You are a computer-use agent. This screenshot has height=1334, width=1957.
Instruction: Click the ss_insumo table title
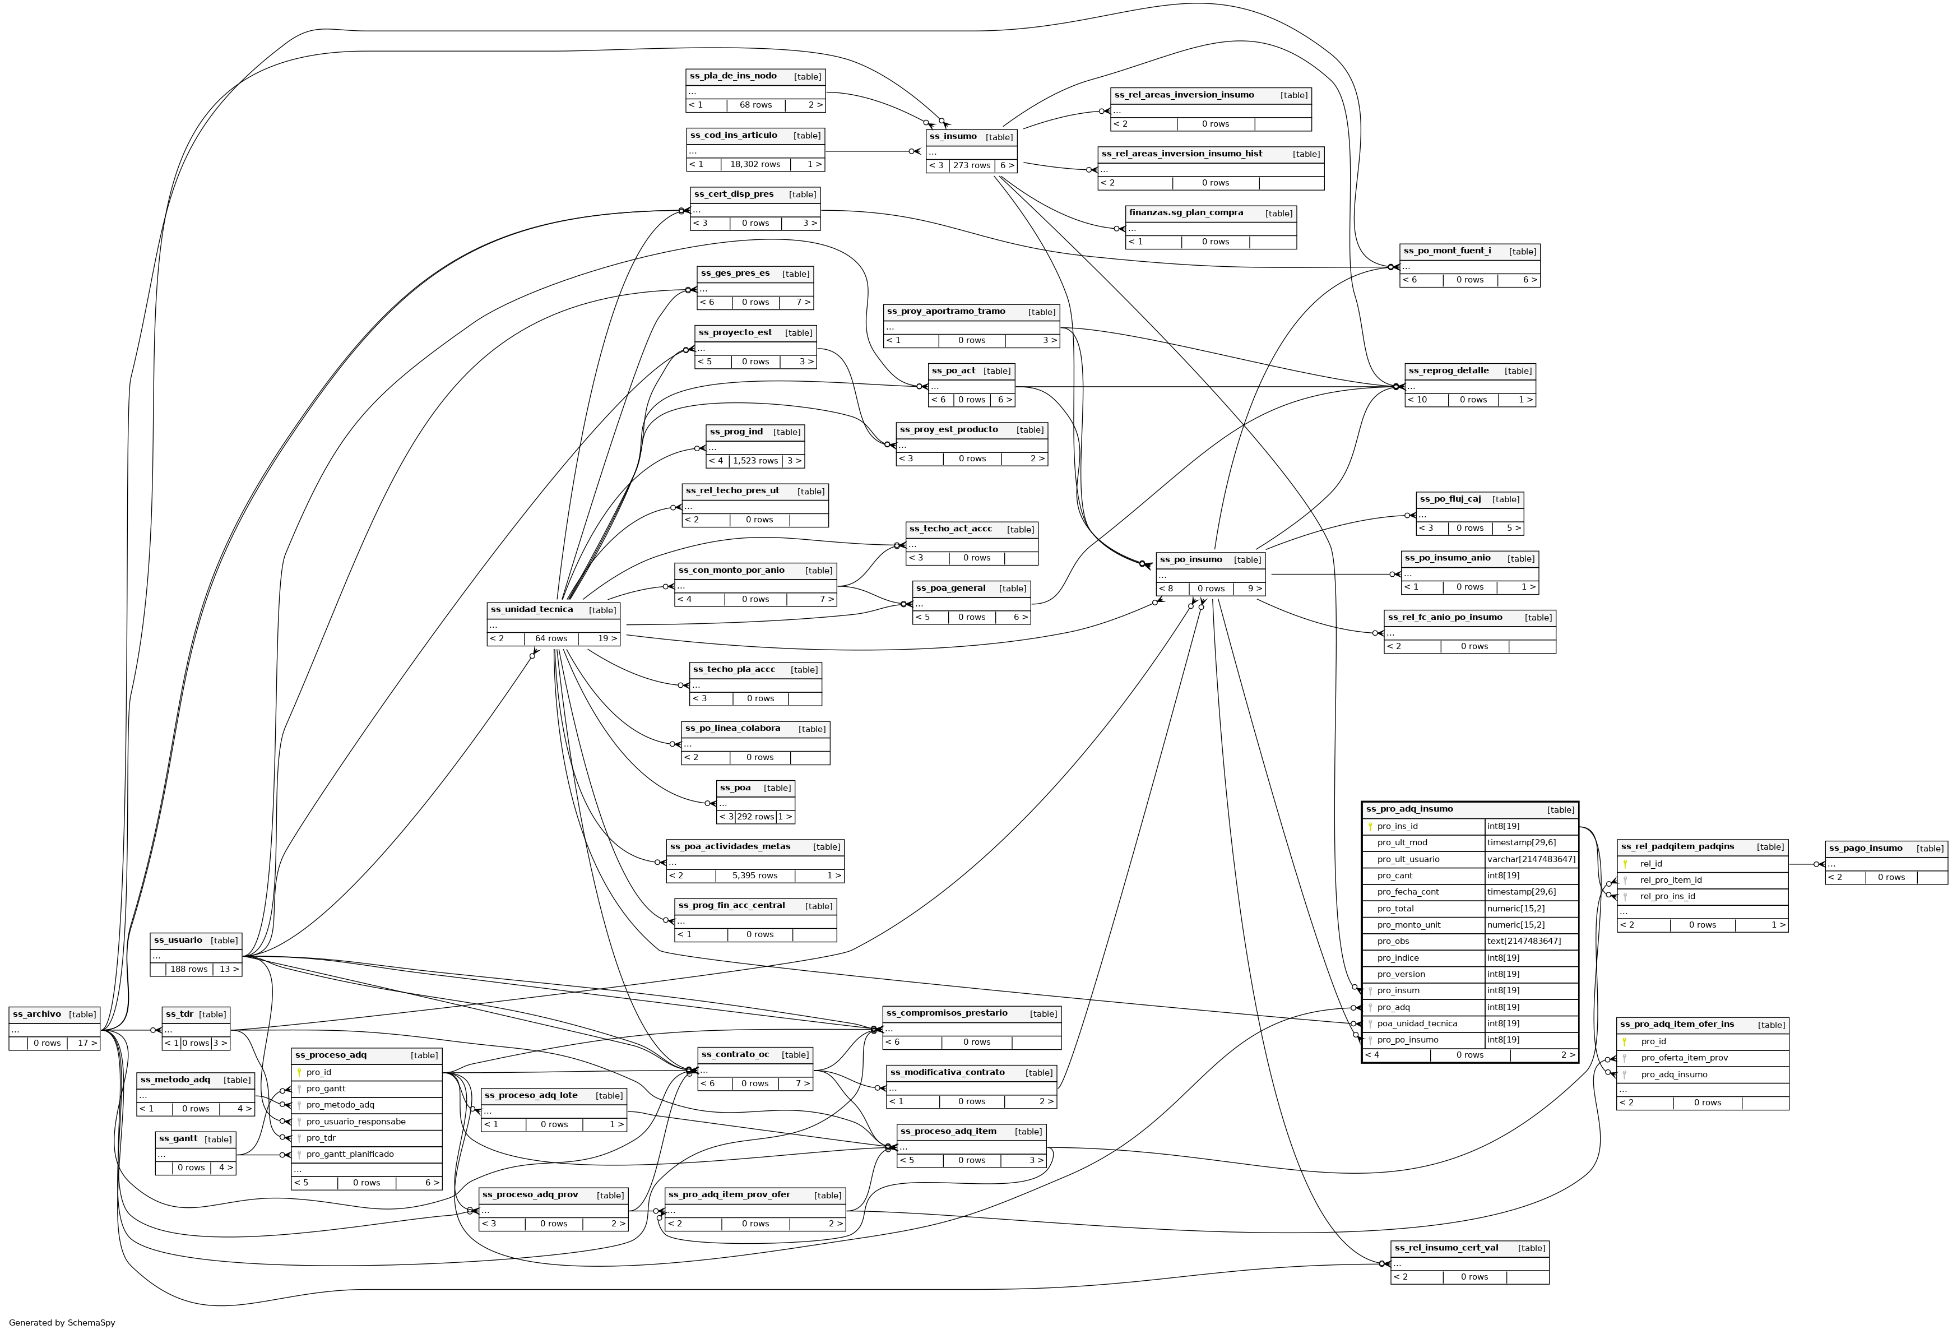pyautogui.click(x=954, y=136)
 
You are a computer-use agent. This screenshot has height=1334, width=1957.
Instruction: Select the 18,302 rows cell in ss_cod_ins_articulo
pyautogui.click(x=754, y=164)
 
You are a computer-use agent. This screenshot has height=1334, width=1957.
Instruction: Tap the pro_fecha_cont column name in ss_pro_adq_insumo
pyautogui.click(x=1407, y=892)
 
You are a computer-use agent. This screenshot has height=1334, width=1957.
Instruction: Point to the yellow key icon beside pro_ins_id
pyautogui.click(x=1370, y=827)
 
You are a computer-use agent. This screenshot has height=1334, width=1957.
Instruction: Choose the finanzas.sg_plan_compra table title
pyautogui.click(x=1186, y=213)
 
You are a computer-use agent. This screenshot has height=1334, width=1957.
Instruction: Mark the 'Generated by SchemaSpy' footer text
pyautogui.click(x=62, y=1322)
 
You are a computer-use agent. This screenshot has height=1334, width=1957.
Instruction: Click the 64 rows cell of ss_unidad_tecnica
pyautogui.click(x=551, y=638)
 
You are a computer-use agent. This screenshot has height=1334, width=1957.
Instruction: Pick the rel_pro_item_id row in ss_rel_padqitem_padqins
pyautogui.click(x=1670, y=880)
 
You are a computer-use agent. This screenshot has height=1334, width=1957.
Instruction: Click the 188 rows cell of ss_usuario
pyautogui.click(x=189, y=969)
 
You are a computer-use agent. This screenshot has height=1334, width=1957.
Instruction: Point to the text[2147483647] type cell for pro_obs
pyautogui.click(x=1523, y=942)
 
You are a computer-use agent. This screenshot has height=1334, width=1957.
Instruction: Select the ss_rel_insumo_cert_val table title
pyautogui.click(x=1446, y=1248)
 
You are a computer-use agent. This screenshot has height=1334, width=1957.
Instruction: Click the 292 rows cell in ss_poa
pyautogui.click(x=755, y=817)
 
